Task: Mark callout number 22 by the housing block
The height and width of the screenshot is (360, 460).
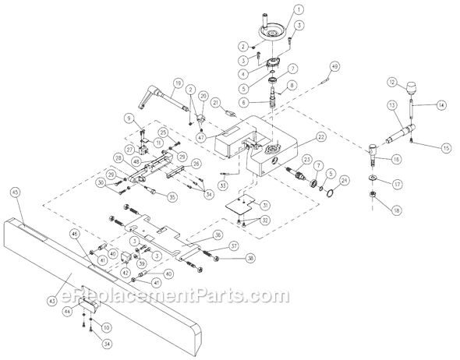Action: (x=320, y=137)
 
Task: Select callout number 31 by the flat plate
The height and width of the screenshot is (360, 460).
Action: (x=266, y=205)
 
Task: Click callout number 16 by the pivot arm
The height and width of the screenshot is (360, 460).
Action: (x=396, y=159)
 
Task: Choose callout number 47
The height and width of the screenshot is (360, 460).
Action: (x=201, y=136)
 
